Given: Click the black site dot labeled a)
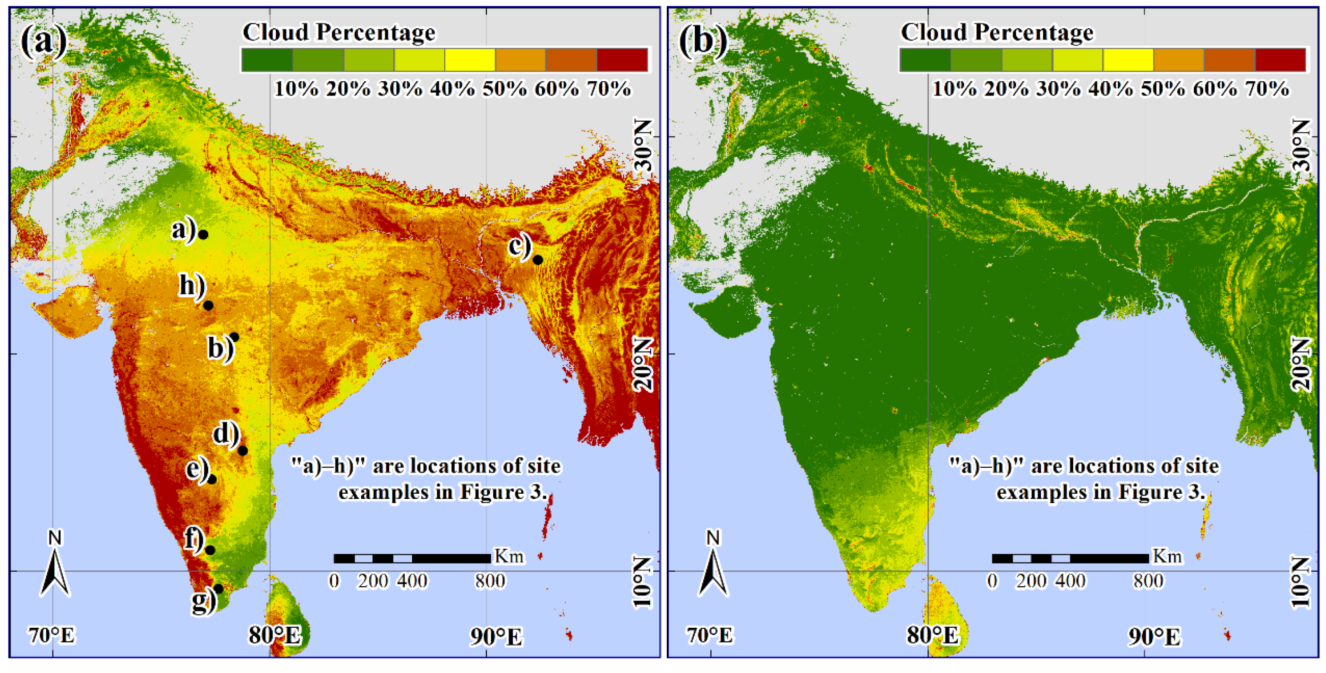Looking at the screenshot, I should coord(204,235).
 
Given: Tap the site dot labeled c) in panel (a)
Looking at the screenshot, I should coord(537,260).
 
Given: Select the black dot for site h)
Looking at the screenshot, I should coord(208,306).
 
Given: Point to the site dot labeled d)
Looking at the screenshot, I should coord(243,451).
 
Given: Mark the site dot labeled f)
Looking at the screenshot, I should coord(210,550).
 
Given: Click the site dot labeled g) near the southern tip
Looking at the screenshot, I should coord(218,589).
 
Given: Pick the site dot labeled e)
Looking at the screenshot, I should coord(211,480).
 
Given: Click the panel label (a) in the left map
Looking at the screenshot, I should coord(44,40).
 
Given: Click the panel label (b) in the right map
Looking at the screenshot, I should coord(703,40).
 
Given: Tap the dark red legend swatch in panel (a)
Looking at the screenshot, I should coord(622,59).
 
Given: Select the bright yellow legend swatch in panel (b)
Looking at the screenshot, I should coord(1128,59).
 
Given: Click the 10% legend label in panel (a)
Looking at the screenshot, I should coord(296,89).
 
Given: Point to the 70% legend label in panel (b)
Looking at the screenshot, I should coord(1267,89).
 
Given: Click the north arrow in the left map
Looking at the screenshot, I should coord(55,569).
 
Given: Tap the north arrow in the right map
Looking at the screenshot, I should coord(714,569).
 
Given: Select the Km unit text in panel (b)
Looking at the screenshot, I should coord(1167,556).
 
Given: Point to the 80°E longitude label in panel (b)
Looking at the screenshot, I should coord(933,636).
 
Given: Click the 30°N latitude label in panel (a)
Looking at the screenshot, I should coord(644,144).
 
